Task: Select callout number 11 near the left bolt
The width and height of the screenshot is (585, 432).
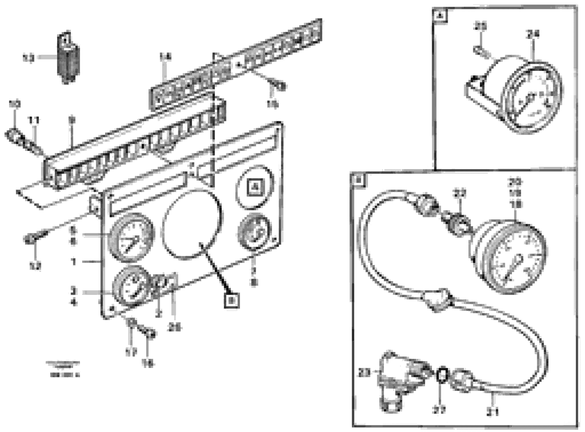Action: pos(34,121)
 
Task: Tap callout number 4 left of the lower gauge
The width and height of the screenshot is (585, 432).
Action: pos(74,303)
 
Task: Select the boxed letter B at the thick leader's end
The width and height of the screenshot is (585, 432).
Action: pos(232,301)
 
